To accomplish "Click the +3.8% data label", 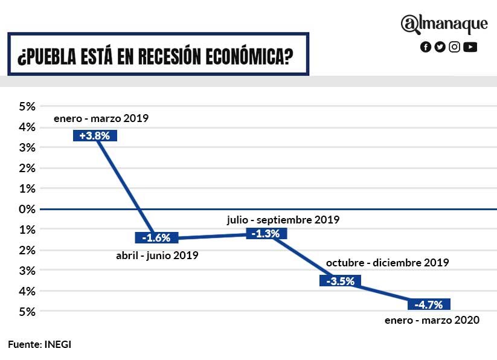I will pos(94,136).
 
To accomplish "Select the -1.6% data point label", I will pos(156,237).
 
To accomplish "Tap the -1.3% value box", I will pos(267,233).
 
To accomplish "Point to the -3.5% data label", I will pos(340,281).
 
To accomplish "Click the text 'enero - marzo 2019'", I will pos(101,118).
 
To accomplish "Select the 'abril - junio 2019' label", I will pos(157,256).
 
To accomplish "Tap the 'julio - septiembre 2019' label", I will pos(283,220).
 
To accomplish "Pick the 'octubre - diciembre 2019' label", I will pos(387,263).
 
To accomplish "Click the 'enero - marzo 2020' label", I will pos(432,320).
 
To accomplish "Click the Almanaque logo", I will pos(444,24).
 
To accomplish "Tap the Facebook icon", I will pos(426,47).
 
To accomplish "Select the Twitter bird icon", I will pos(440,47).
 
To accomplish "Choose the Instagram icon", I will pos(455,47).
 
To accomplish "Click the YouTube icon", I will pos(470,47).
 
